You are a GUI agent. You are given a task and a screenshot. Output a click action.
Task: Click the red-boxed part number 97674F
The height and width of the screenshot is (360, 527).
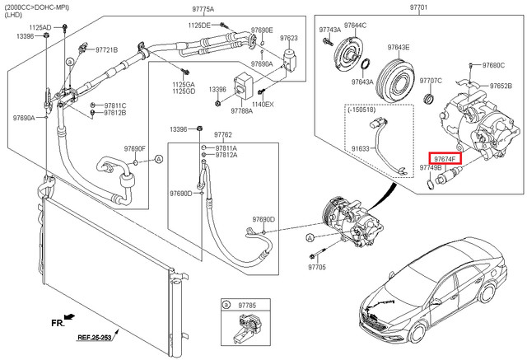coord(445,157)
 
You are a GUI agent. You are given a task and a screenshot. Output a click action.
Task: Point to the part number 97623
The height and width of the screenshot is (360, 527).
coord(289,38)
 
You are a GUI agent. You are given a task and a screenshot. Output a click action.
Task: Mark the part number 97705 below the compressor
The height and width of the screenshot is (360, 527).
coord(318,267)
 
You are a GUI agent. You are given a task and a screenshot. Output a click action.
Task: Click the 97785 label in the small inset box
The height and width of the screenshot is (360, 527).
coord(246,304)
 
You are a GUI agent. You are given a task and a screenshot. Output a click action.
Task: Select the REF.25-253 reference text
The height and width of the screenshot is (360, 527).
coord(96,338)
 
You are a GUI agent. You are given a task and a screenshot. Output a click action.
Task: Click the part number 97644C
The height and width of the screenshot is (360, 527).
coord(355,26)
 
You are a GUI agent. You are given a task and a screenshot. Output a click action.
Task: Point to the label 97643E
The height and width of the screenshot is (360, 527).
coord(399,48)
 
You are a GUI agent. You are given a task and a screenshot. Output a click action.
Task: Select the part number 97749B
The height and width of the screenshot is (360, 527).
coord(431,167)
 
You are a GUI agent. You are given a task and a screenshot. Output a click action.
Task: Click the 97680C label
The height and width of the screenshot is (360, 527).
coord(493,65)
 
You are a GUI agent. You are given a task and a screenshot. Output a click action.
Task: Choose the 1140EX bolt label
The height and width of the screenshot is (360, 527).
coord(263,105)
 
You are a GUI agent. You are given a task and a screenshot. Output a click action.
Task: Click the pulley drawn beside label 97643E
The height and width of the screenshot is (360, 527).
coord(399,82)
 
